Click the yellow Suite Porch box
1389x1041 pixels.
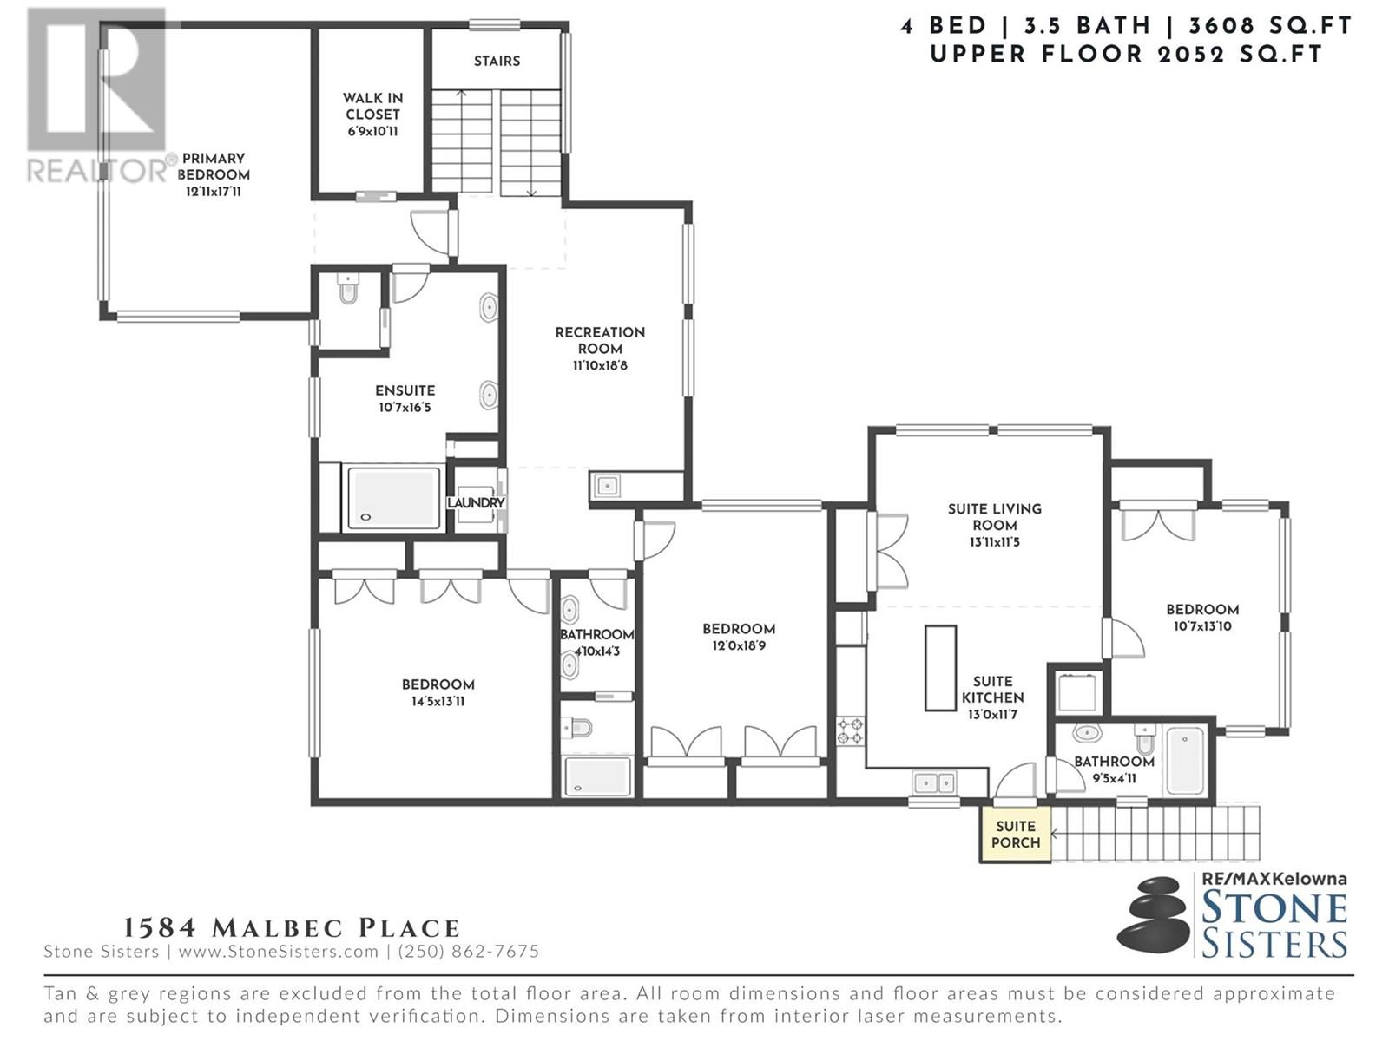(x=1015, y=834)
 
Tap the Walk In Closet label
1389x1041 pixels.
(x=372, y=106)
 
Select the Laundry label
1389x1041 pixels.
(x=475, y=502)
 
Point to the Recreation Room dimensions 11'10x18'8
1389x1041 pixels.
(x=599, y=365)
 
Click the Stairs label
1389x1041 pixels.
(x=497, y=61)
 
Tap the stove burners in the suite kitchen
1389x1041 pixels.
(x=850, y=730)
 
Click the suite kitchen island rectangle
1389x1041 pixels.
(x=940, y=668)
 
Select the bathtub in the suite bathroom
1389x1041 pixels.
(x=1185, y=761)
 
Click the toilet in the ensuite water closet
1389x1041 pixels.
(x=348, y=290)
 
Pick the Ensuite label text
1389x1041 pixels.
(x=405, y=390)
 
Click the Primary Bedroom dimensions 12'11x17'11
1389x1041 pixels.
(x=214, y=192)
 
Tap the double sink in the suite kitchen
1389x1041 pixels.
(x=934, y=783)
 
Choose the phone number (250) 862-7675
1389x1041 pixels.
(x=468, y=952)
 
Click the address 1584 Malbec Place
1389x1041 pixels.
(x=291, y=928)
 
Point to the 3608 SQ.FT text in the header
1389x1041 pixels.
(x=1270, y=26)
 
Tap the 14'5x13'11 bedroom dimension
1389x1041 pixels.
(x=438, y=701)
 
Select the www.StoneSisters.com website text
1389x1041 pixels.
(x=279, y=952)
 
